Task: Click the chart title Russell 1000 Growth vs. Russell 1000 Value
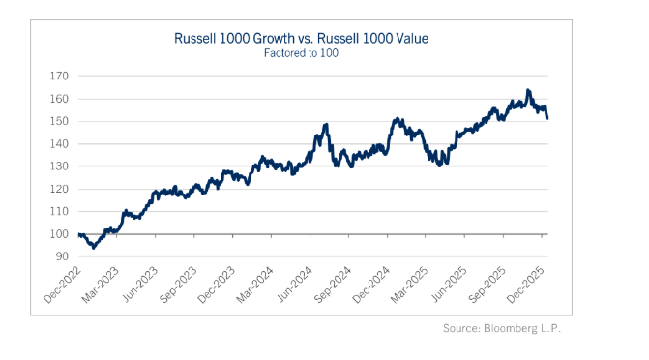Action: click(301, 38)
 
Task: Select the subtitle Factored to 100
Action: click(301, 53)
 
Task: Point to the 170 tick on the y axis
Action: click(59, 76)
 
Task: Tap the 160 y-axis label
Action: click(59, 99)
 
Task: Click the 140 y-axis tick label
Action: click(59, 144)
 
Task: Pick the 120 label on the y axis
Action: click(59, 189)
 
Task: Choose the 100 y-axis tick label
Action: click(59, 234)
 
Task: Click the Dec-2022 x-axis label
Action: click(62, 285)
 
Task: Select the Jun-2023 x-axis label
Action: click(140, 285)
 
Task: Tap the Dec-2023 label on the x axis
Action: click(216, 285)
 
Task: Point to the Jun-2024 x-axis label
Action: click(294, 285)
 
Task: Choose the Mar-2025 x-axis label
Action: click(409, 285)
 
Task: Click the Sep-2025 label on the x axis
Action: click(487, 285)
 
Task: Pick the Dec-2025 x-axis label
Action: click(525, 285)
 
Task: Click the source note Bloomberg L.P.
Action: click(522, 328)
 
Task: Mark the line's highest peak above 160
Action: click(528, 90)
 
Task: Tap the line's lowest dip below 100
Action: click(94, 248)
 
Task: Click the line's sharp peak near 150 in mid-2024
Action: click(327, 124)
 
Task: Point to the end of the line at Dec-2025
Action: click(547, 118)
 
